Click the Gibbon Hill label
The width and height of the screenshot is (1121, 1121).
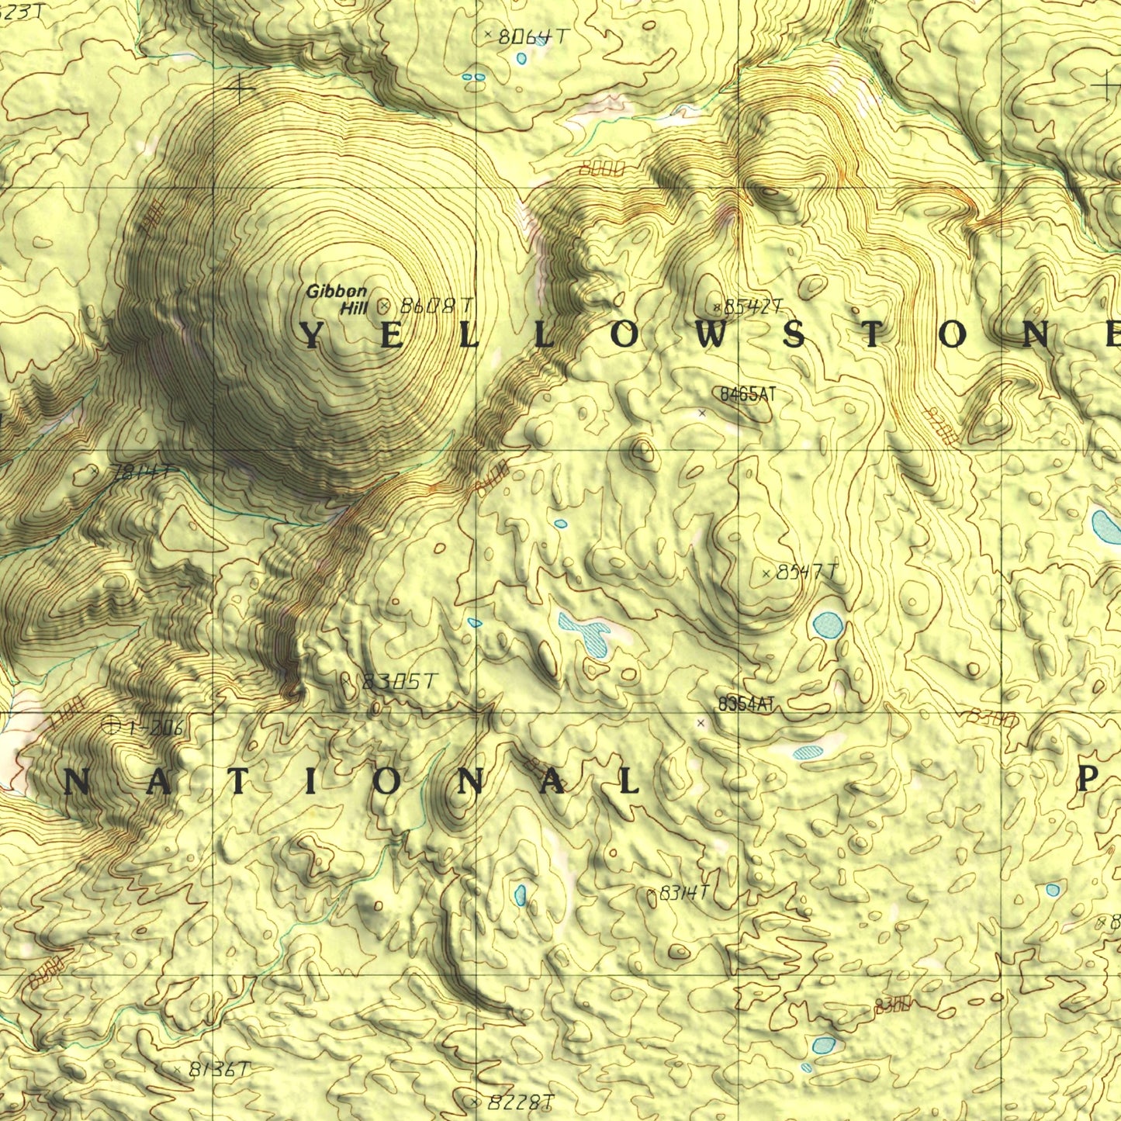tap(336, 299)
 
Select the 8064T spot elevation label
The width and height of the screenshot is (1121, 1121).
tap(534, 36)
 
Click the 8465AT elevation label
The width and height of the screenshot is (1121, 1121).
tap(747, 395)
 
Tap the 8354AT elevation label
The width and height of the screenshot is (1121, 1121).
tap(746, 704)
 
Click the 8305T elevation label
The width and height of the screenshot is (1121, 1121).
tap(400, 682)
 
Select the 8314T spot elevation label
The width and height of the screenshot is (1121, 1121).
tap(683, 894)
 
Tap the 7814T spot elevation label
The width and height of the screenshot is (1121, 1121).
tap(140, 472)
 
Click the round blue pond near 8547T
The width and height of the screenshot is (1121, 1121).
tap(828, 624)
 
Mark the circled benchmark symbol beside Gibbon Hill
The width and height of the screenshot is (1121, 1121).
tap(383, 307)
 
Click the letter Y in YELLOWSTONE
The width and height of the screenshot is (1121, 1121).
tap(310, 336)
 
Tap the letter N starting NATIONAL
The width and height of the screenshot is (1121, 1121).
tap(75, 784)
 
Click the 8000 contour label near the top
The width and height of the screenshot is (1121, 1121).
tap(602, 168)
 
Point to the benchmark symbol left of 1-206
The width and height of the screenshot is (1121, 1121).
tap(111, 725)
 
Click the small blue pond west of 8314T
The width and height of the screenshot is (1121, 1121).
tap(520, 895)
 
